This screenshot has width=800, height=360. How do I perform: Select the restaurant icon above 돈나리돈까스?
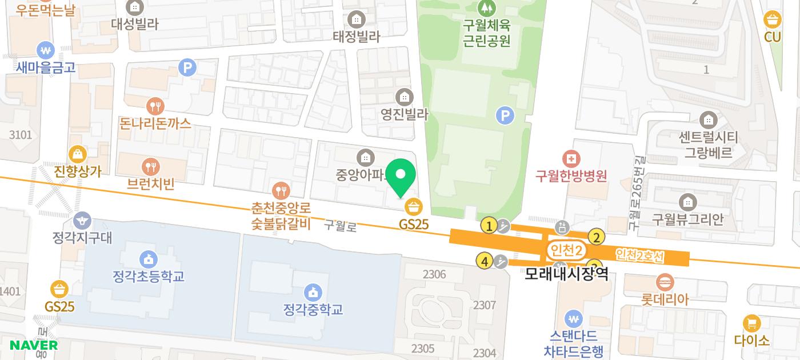click(155, 106)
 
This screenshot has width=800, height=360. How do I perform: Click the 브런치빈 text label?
click(151, 183)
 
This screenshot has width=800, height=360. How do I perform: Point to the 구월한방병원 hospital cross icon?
click(570, 158)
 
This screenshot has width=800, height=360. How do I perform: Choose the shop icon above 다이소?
click(752, 323)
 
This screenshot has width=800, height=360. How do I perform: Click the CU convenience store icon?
click(773, 20)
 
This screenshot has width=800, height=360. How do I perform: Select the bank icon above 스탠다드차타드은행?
click(573, 318)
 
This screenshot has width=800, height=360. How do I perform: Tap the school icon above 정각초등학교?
click(149, 259)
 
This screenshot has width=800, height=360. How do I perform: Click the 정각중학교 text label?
click(313, 310)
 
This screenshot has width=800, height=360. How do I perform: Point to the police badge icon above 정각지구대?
click(82, 219)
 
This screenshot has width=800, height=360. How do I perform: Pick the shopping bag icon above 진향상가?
click(77, 154)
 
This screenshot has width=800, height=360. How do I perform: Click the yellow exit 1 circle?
click(489, 226)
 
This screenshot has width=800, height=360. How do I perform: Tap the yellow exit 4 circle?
click(485, 262)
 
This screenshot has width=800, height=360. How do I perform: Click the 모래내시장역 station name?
click(566, 274)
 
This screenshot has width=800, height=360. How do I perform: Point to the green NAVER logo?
click(34, 345)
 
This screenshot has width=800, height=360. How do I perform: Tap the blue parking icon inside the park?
click(504, 116)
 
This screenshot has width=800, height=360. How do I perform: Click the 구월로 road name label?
click(341, 226)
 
